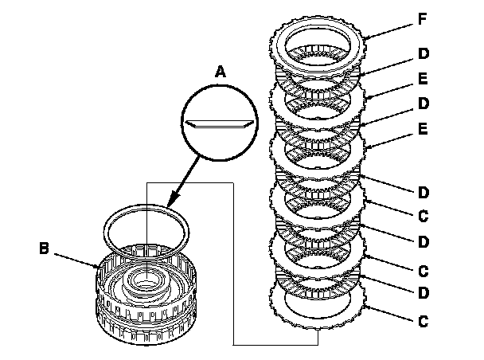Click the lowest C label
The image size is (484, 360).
pos(422,322)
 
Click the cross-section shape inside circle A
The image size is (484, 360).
pos(217,125)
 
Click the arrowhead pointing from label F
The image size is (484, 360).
pos(368,37)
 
